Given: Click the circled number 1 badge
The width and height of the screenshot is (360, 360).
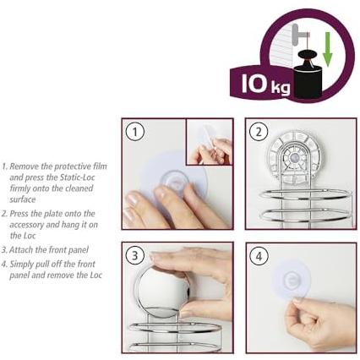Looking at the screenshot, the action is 135,132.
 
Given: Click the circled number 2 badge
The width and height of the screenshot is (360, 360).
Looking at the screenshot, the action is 259,132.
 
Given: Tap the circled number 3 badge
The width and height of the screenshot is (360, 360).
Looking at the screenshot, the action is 135,256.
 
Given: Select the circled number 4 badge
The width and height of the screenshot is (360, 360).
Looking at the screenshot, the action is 259,256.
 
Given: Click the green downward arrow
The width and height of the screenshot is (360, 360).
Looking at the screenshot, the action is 327,49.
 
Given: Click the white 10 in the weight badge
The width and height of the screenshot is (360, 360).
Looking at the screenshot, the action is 254,84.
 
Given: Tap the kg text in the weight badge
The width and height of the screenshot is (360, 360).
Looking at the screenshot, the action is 281,88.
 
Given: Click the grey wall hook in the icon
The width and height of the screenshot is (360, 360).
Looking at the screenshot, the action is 298,35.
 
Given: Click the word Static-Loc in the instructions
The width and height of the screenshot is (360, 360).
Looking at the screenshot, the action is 77,177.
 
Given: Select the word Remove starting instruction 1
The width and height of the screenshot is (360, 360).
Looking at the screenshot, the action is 25,166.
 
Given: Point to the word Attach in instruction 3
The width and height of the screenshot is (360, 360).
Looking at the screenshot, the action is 21,249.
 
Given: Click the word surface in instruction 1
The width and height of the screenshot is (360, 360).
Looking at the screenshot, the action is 23,199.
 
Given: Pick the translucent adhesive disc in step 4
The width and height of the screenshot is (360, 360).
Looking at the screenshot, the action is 290,281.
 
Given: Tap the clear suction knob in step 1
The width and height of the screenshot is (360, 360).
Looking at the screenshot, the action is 174,183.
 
